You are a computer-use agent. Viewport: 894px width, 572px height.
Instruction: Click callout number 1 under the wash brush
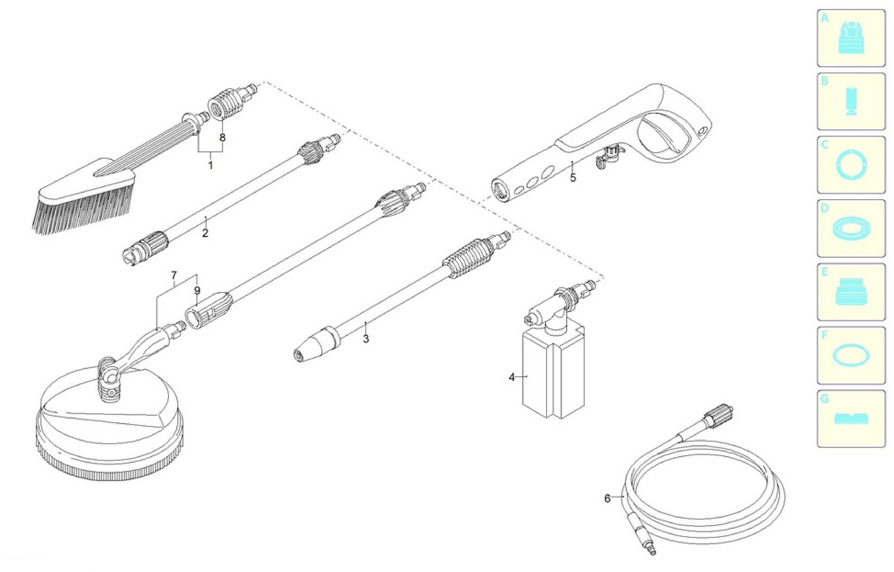211,165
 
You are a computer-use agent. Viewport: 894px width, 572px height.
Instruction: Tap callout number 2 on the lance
205,233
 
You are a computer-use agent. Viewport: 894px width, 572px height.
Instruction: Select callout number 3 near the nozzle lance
366,339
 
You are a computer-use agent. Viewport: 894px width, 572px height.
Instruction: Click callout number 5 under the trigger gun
573,178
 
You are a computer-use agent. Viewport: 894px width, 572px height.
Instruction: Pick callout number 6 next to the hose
607,498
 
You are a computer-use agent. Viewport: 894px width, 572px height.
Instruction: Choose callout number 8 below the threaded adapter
222,138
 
